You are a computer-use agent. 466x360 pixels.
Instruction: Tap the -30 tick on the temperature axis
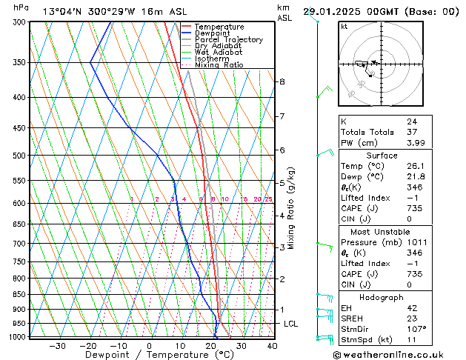coord(57,345)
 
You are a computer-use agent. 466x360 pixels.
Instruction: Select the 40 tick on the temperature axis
coord(272,345)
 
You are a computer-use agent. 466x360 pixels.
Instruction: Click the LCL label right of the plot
coord(290,324)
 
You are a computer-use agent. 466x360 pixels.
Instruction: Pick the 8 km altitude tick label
coord(282,81)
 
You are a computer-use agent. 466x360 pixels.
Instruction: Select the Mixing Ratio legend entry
coord(219,65)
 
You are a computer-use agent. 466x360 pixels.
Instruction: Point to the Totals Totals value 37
coord(412,132)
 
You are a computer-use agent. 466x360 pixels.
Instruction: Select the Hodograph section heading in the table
coord(382,296)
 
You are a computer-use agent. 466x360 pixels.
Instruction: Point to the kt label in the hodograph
coord(344,26)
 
